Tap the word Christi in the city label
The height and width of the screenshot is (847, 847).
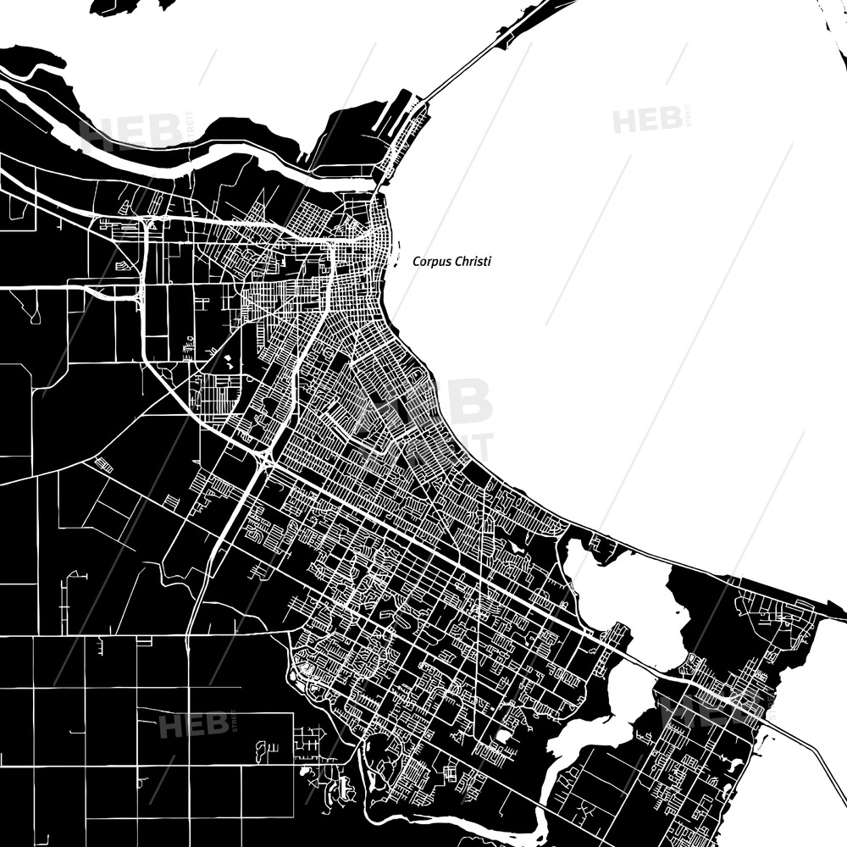tap(472, 262)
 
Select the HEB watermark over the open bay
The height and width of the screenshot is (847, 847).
tap(649, 119)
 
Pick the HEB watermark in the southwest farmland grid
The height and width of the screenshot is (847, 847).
tap(193, 725)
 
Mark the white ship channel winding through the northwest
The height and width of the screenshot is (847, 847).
tap(212, 152)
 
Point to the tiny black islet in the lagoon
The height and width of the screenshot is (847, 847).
tap(678, 610)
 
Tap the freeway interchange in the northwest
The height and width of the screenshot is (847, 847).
tap(146, 224)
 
